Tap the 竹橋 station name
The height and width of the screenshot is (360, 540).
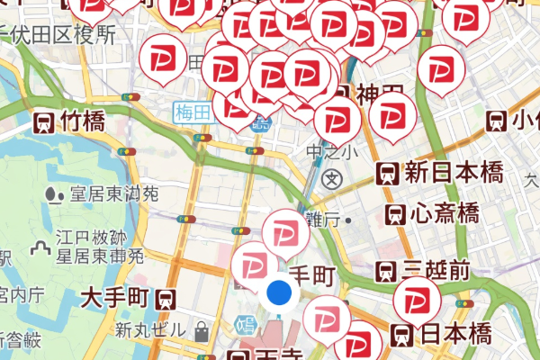(83, 121)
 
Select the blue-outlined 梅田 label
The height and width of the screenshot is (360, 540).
(194, 112)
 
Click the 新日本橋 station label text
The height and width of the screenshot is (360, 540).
(453, 172)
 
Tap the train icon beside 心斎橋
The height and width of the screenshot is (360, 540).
(394, 214)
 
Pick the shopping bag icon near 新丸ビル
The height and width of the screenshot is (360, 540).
(202, 332)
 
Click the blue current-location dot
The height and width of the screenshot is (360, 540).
(279, 293)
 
